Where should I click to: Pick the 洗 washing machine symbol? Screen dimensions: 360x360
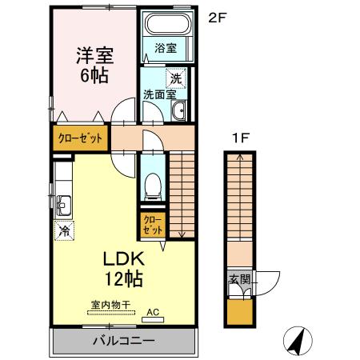point(174,78)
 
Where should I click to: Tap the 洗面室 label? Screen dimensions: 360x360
point(159,94)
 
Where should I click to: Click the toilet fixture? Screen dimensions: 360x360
point(152,186)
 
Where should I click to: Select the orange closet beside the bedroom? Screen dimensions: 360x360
point(80,138)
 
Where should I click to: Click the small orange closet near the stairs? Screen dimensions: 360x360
point(152,223)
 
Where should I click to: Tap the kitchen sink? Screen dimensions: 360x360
point(63,204)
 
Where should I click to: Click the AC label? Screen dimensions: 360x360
point(153,313)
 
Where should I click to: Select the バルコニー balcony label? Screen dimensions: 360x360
point(122,340)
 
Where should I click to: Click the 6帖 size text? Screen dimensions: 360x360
point(94,76)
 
